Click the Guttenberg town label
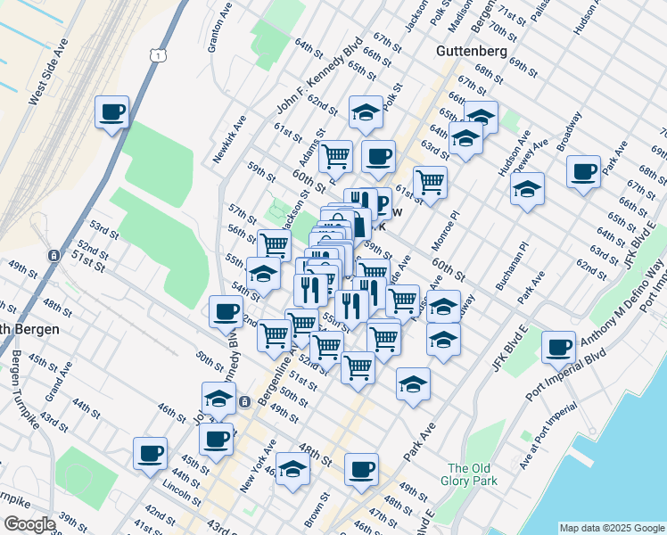[472, 52]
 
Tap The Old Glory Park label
[470, 475]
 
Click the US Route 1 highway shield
[157, 56]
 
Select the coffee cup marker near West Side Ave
[112, 112]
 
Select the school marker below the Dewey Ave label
[527, 189]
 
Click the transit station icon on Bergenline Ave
[243, 402]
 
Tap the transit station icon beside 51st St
[54, 256]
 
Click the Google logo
[29, 524]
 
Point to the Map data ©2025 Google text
[611, 528]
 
